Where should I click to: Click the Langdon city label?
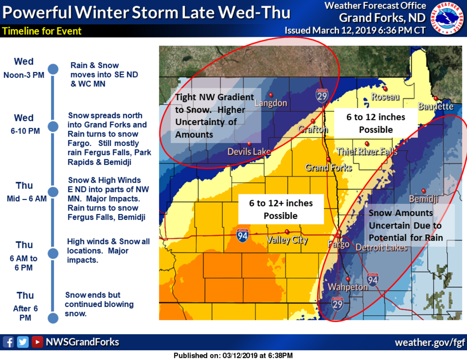(x=271, y=103)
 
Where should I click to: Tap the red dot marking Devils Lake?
(x=249, y=144)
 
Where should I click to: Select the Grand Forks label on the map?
(x=328, y=168)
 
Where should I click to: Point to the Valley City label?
(x=287, y=240)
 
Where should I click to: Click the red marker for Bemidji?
(x=423, y=191)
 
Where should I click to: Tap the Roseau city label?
(x=385, y=97)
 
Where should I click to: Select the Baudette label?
(x=435, y=106)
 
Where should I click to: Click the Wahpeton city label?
(x=348, y=287)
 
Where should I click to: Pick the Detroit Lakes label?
(x=381, y=247)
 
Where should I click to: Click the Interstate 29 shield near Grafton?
(x=321, y=95)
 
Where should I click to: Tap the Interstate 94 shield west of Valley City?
(x=242, y=236)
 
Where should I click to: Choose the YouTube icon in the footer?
(x=37, y=342)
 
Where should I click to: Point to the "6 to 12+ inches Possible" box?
(x=281, y=209)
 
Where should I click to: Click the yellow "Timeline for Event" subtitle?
(x=42, y=31)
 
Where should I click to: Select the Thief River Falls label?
(x=367, y=152)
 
